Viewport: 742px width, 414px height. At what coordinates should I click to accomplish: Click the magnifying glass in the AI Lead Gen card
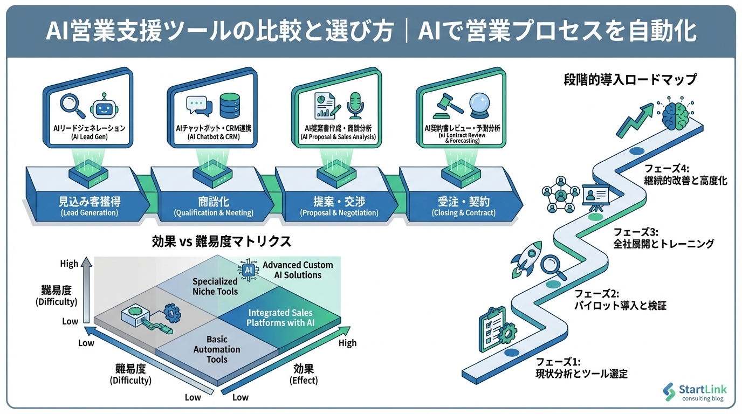73,106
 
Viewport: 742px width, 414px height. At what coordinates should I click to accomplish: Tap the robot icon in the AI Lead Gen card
102,105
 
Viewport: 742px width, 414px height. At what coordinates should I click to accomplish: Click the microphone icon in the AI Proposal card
355,103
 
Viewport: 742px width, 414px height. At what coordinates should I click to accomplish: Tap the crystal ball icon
479,104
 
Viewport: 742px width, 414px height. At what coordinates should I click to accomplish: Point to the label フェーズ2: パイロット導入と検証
620,300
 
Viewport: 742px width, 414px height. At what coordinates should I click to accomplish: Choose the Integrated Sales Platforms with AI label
280,318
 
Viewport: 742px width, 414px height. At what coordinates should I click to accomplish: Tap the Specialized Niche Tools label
215,286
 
